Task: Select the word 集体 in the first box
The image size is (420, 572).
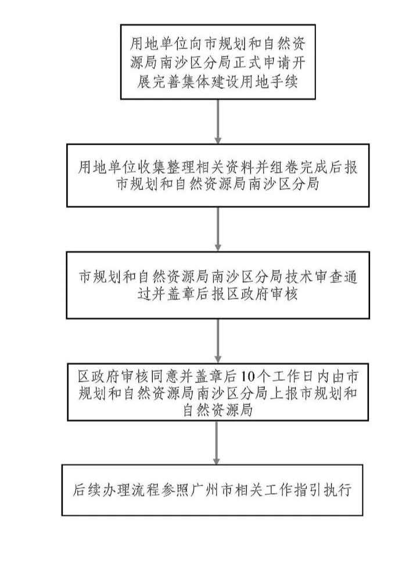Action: [195, 81]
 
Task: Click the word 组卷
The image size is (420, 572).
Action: [284, 167]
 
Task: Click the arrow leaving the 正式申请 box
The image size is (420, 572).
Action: [218, 121]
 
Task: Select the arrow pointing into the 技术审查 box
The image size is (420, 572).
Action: [218, 229]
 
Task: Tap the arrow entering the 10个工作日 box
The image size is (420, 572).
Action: [218, 341]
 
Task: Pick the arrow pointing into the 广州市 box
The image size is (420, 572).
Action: [217, 443]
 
